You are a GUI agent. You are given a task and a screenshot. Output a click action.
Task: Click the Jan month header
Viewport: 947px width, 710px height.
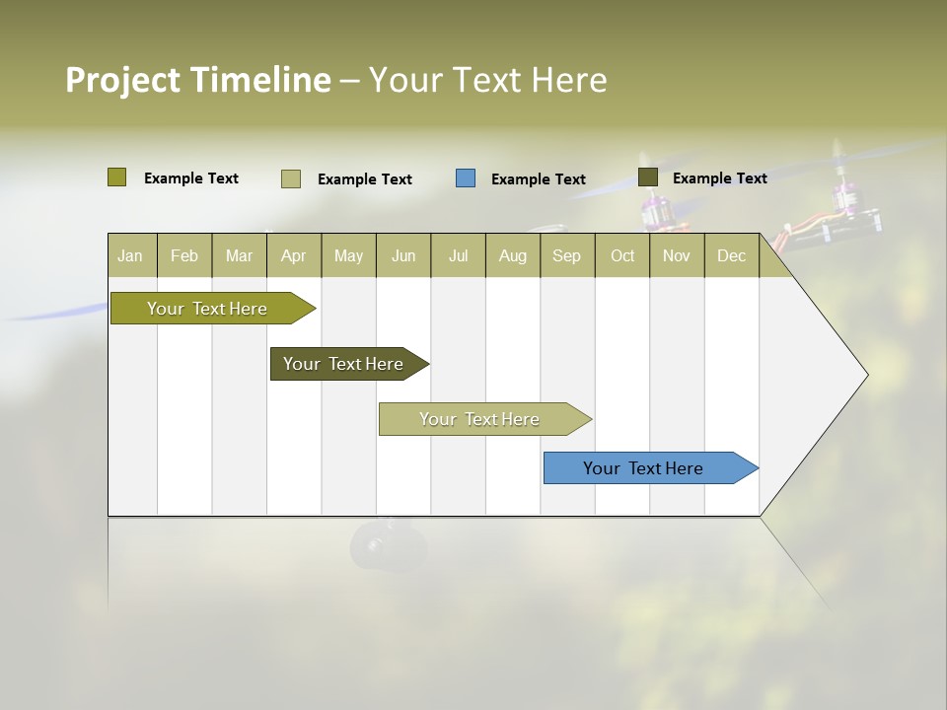point(131,255)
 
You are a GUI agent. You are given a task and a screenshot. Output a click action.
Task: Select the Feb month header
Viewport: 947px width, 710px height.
point(184,255)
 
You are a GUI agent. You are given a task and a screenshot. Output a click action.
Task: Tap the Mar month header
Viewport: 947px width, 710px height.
point(239,255)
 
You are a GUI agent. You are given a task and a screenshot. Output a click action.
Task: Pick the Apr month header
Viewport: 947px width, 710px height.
point(294,255)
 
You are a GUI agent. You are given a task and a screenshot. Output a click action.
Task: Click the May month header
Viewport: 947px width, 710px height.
point(348,255)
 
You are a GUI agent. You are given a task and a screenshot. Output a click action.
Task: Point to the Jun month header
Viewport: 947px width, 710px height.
point(403,255)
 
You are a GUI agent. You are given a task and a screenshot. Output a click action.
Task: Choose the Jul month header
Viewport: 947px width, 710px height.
point(458,255)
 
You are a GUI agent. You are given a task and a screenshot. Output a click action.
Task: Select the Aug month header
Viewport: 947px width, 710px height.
point(513,255)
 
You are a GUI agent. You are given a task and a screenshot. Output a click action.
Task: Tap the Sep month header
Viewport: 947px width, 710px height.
point(567,255)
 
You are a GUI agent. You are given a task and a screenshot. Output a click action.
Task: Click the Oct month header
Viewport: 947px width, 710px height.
point(622,255)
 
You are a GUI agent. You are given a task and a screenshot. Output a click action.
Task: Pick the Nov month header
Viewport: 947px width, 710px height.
point(677,255)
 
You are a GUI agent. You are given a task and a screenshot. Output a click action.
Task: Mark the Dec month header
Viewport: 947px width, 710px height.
point(731,255)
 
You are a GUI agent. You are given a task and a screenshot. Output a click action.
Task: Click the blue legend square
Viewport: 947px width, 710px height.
point(466,178)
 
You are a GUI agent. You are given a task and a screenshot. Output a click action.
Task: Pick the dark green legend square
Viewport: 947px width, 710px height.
point(648,177)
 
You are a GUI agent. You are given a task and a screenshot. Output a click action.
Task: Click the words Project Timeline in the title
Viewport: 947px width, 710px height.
point(198,80)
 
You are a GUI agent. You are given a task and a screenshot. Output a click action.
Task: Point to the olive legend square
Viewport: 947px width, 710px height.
point(117,177)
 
